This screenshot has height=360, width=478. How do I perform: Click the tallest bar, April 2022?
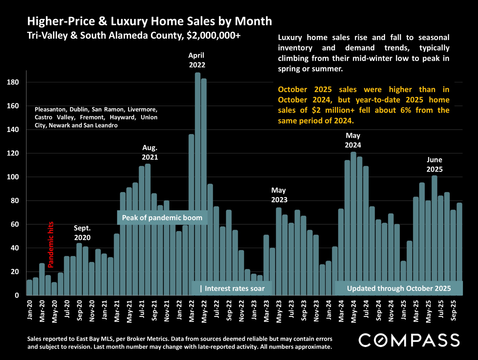click(198, 183)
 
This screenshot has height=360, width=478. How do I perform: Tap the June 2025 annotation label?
click(434, 165)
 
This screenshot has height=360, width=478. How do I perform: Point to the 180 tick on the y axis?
click(13, 82)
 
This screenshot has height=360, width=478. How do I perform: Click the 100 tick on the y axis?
click(13, 177)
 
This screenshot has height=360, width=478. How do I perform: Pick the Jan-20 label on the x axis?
click(30, 310)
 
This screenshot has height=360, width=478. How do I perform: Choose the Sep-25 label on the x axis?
click(453, 310)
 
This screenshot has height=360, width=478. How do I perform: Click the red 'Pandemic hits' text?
click(51, 245)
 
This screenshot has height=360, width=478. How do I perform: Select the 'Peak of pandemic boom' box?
click(162, 218)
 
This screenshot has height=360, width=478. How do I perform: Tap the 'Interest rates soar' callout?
click(232, 288)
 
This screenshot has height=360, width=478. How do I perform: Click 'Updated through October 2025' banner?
click(399, 288)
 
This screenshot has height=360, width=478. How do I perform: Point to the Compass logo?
click(409, 340)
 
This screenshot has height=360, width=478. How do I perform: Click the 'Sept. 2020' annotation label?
click(82, 233)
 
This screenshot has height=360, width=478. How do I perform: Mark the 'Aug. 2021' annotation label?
click(150, 152)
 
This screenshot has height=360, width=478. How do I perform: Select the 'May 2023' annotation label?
click(279, 195)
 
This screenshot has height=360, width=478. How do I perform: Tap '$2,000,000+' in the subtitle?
click(213, 35)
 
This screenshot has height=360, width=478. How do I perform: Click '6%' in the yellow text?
click(406, 110)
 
